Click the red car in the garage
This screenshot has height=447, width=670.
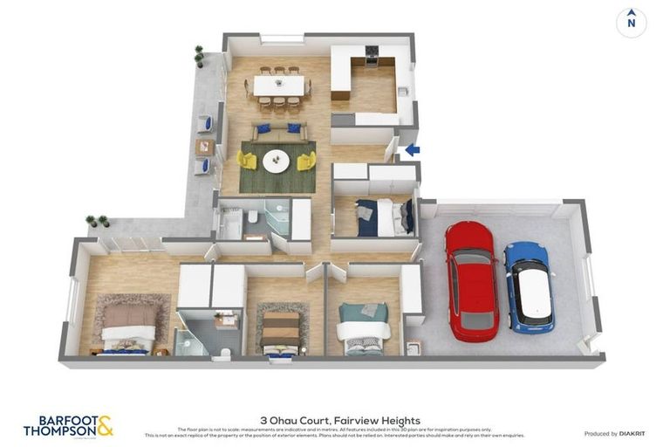click(x=471, y=279)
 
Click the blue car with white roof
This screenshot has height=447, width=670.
click(x=529, y=286)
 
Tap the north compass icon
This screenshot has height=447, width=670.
click(x=631, y=23)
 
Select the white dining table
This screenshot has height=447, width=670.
click(x=279, y=86)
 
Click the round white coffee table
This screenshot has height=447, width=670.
click(x=277, y=161)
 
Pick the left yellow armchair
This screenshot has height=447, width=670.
click(x=248, y=161)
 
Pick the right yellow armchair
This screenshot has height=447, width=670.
click(x=306, y=161)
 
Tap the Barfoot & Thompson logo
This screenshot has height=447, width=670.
click(x=68, y=425)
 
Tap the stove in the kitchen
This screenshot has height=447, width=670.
click(x=372, y=55)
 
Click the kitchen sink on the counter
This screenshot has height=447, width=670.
click(x=403, y=91)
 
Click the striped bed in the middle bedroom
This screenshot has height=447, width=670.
click(x=281, y=332)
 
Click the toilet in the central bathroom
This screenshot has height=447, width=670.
click(x=250, y=217)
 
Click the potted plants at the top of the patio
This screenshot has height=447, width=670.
click(x=200, y=56)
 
